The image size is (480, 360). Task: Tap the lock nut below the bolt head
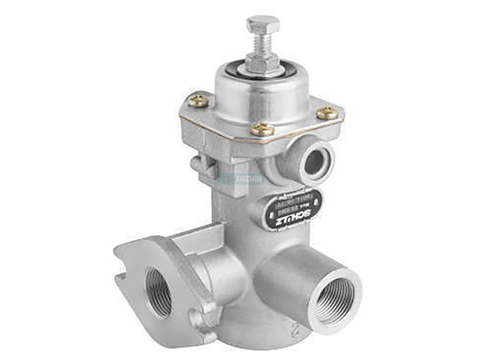pyautogui.click(x=262, y=62)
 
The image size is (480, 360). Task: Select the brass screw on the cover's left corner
pyautogui.click(x=198, y=101)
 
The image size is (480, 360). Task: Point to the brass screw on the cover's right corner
pyautogui.click(x=327, y=113)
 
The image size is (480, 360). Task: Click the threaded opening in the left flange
pyautogui.click(x=159, y=292)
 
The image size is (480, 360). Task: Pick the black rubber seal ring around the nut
pyautogui.click(x=236, y=72)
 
